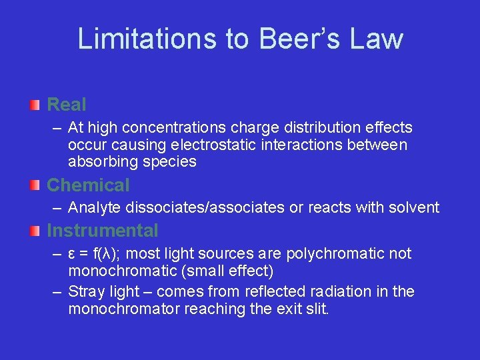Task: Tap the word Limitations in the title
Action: [x=146, y=39]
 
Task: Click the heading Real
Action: [x=67, y=105]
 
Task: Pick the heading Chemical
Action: [x=88, y=185]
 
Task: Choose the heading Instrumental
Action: [x=103, y=231]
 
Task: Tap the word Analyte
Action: [x=92, y=208]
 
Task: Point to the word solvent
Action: [x=413, y=208]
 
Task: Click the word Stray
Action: [x=85, y=292]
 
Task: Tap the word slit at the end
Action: [x=317, y=309]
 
